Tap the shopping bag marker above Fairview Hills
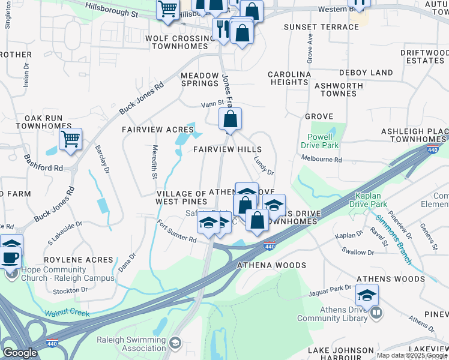click(x=230, y=120)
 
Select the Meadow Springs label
click(x=200, y=79)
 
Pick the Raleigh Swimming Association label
click(x=131, y=343)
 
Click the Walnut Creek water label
click(x=67, y=313)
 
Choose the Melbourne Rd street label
click(x=321, y=160)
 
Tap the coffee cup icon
click(x=10, y=258)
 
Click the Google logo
click(x=20, y=353)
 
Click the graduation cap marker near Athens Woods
click(x=367, y=295)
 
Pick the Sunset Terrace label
click(x=321, y=27)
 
